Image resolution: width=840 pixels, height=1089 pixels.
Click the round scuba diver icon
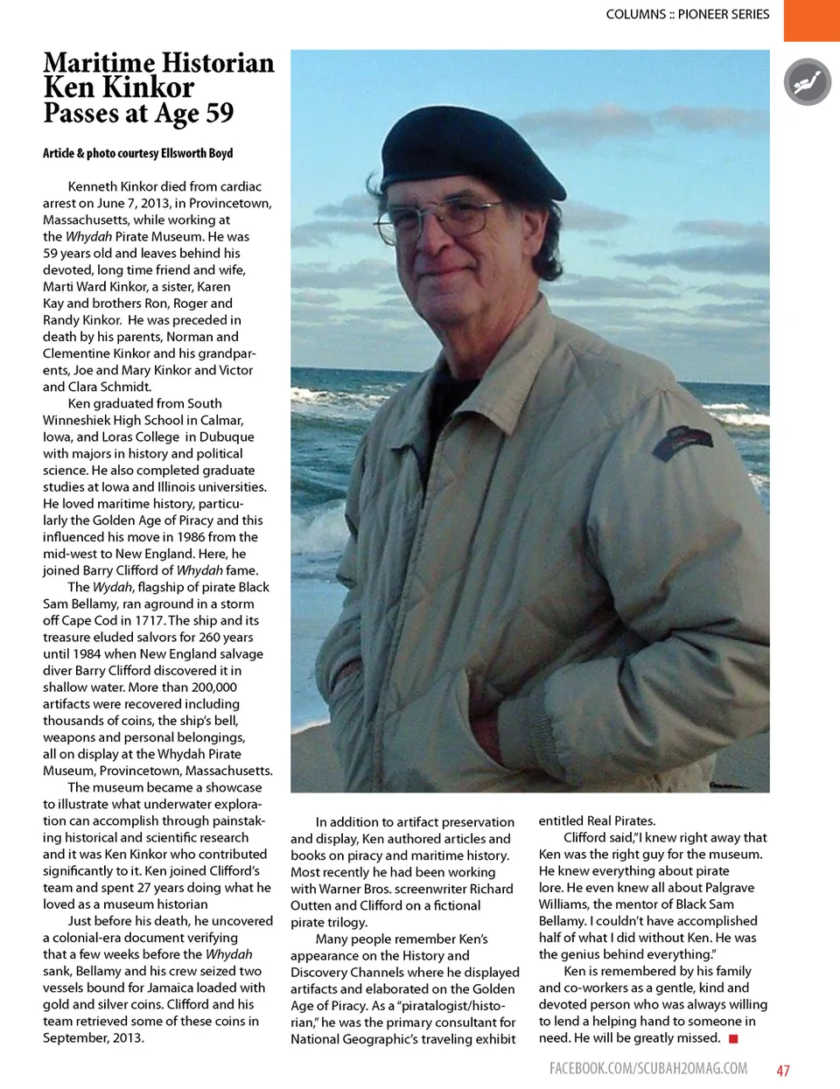pos(807,82)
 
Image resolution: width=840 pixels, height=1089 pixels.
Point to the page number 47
pos(783,1070)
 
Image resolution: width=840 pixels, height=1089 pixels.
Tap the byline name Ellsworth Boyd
pos(197,153)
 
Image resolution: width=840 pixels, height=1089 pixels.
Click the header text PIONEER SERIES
pos(724,14)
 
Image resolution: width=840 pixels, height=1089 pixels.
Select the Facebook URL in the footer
pos(648,1068)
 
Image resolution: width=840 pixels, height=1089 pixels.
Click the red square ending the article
pos(733,1038)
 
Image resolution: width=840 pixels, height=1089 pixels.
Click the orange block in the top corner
pos(811,20)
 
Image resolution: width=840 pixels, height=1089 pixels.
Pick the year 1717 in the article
pos(149,620)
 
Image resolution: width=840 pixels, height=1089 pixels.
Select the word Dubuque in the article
pos(227,436)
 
